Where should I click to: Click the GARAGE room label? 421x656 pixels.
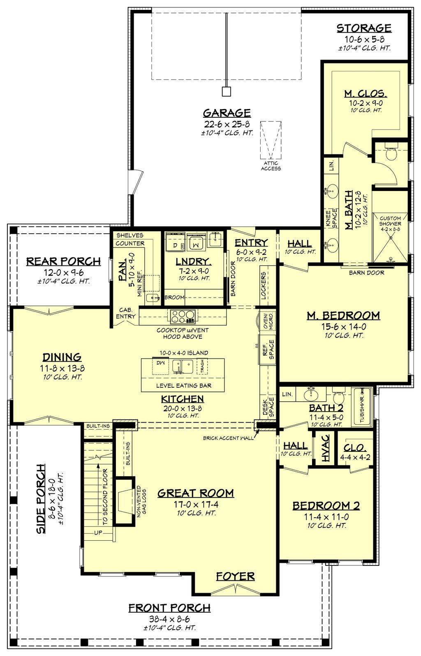[x=227, y=113]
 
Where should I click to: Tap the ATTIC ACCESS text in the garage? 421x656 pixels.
[x=271, y=166]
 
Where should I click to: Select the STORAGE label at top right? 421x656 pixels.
[x=364, y=28]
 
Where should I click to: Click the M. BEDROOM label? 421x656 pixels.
[x=343, y=316]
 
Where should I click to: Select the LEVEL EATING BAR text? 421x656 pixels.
[x=184, y=386]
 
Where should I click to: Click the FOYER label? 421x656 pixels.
[x=235, y=577]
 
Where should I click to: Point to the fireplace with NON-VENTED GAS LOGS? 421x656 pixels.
[x=124, y=501]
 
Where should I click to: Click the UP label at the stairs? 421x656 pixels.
[x=98, y=533]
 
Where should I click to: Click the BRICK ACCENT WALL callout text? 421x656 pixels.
[x=228, y=438]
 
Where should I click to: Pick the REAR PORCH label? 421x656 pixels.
[x=63, y=261]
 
